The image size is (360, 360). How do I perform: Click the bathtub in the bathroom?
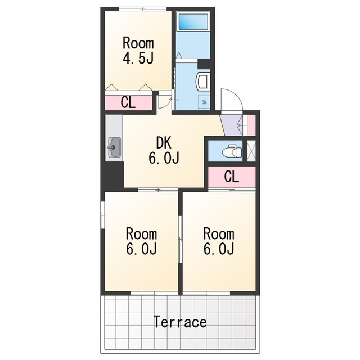tap(193, 21)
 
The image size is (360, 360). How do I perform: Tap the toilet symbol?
tap(232, 151)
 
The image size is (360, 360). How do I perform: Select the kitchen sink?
tap(114, 147)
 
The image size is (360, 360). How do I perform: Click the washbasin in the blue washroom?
tap(202, 82)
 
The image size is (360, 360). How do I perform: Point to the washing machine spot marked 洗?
tap(204, 102)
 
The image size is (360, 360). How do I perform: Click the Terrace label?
tap(180, 322)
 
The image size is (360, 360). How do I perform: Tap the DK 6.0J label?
tap(164, 151)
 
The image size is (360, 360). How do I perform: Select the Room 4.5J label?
tap(138, 50)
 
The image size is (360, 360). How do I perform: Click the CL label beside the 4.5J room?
tap(128, 102)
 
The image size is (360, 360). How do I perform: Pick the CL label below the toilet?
tap(232, 176)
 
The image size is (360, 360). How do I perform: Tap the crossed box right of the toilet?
tap(251, 151)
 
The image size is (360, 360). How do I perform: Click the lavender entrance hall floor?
tap(232, 125)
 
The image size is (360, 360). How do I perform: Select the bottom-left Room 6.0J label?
tap(141, 241)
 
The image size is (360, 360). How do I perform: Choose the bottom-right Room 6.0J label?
tap(219, 241)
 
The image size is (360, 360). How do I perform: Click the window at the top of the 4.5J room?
tap(143, 9)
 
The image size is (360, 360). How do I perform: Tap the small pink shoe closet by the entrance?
tap(251, 125)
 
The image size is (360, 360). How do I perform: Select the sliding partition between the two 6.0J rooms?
tap(181, 240)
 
